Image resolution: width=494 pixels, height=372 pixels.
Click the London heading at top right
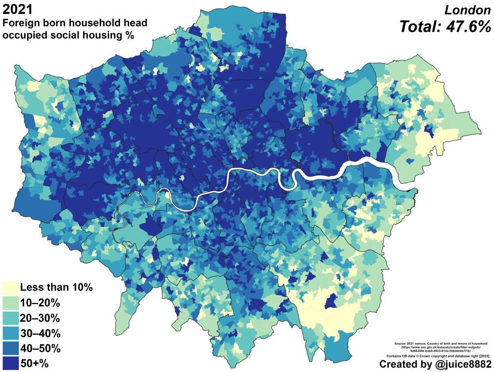click(467, 10)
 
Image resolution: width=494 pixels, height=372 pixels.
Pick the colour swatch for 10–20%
click(10, 303)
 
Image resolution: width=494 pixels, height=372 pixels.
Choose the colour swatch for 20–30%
click(10, 318)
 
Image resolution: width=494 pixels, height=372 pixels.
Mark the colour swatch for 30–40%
click(10, 333)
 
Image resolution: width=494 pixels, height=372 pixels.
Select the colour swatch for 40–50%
click(10, 348)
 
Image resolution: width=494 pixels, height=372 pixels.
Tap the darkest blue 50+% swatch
click(10, 363)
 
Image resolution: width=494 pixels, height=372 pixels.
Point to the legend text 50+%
click(34, 363)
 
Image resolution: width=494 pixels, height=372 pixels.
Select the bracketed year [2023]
click(484, 356)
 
